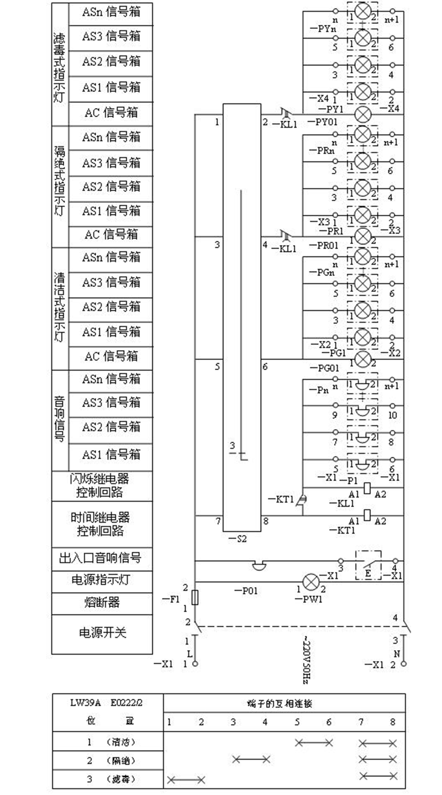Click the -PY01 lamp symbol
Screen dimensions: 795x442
pyautogui.click(x=363, y=114)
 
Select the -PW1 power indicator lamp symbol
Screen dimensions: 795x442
pyautogui.click(x=311, y=582)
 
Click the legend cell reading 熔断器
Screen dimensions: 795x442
pyautogui.click(x=102, y=602)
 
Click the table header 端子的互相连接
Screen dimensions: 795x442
pyautogui.click(x=280, y=703)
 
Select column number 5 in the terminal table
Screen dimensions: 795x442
pyautogui.click(x=297, y=722)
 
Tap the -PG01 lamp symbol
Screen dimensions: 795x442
pyautogui.click(x=363, y=359)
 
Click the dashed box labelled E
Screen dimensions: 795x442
pyautogui.click(x=368, y=565)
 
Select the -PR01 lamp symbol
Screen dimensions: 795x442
pyautogui.click(x=363, y=236)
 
